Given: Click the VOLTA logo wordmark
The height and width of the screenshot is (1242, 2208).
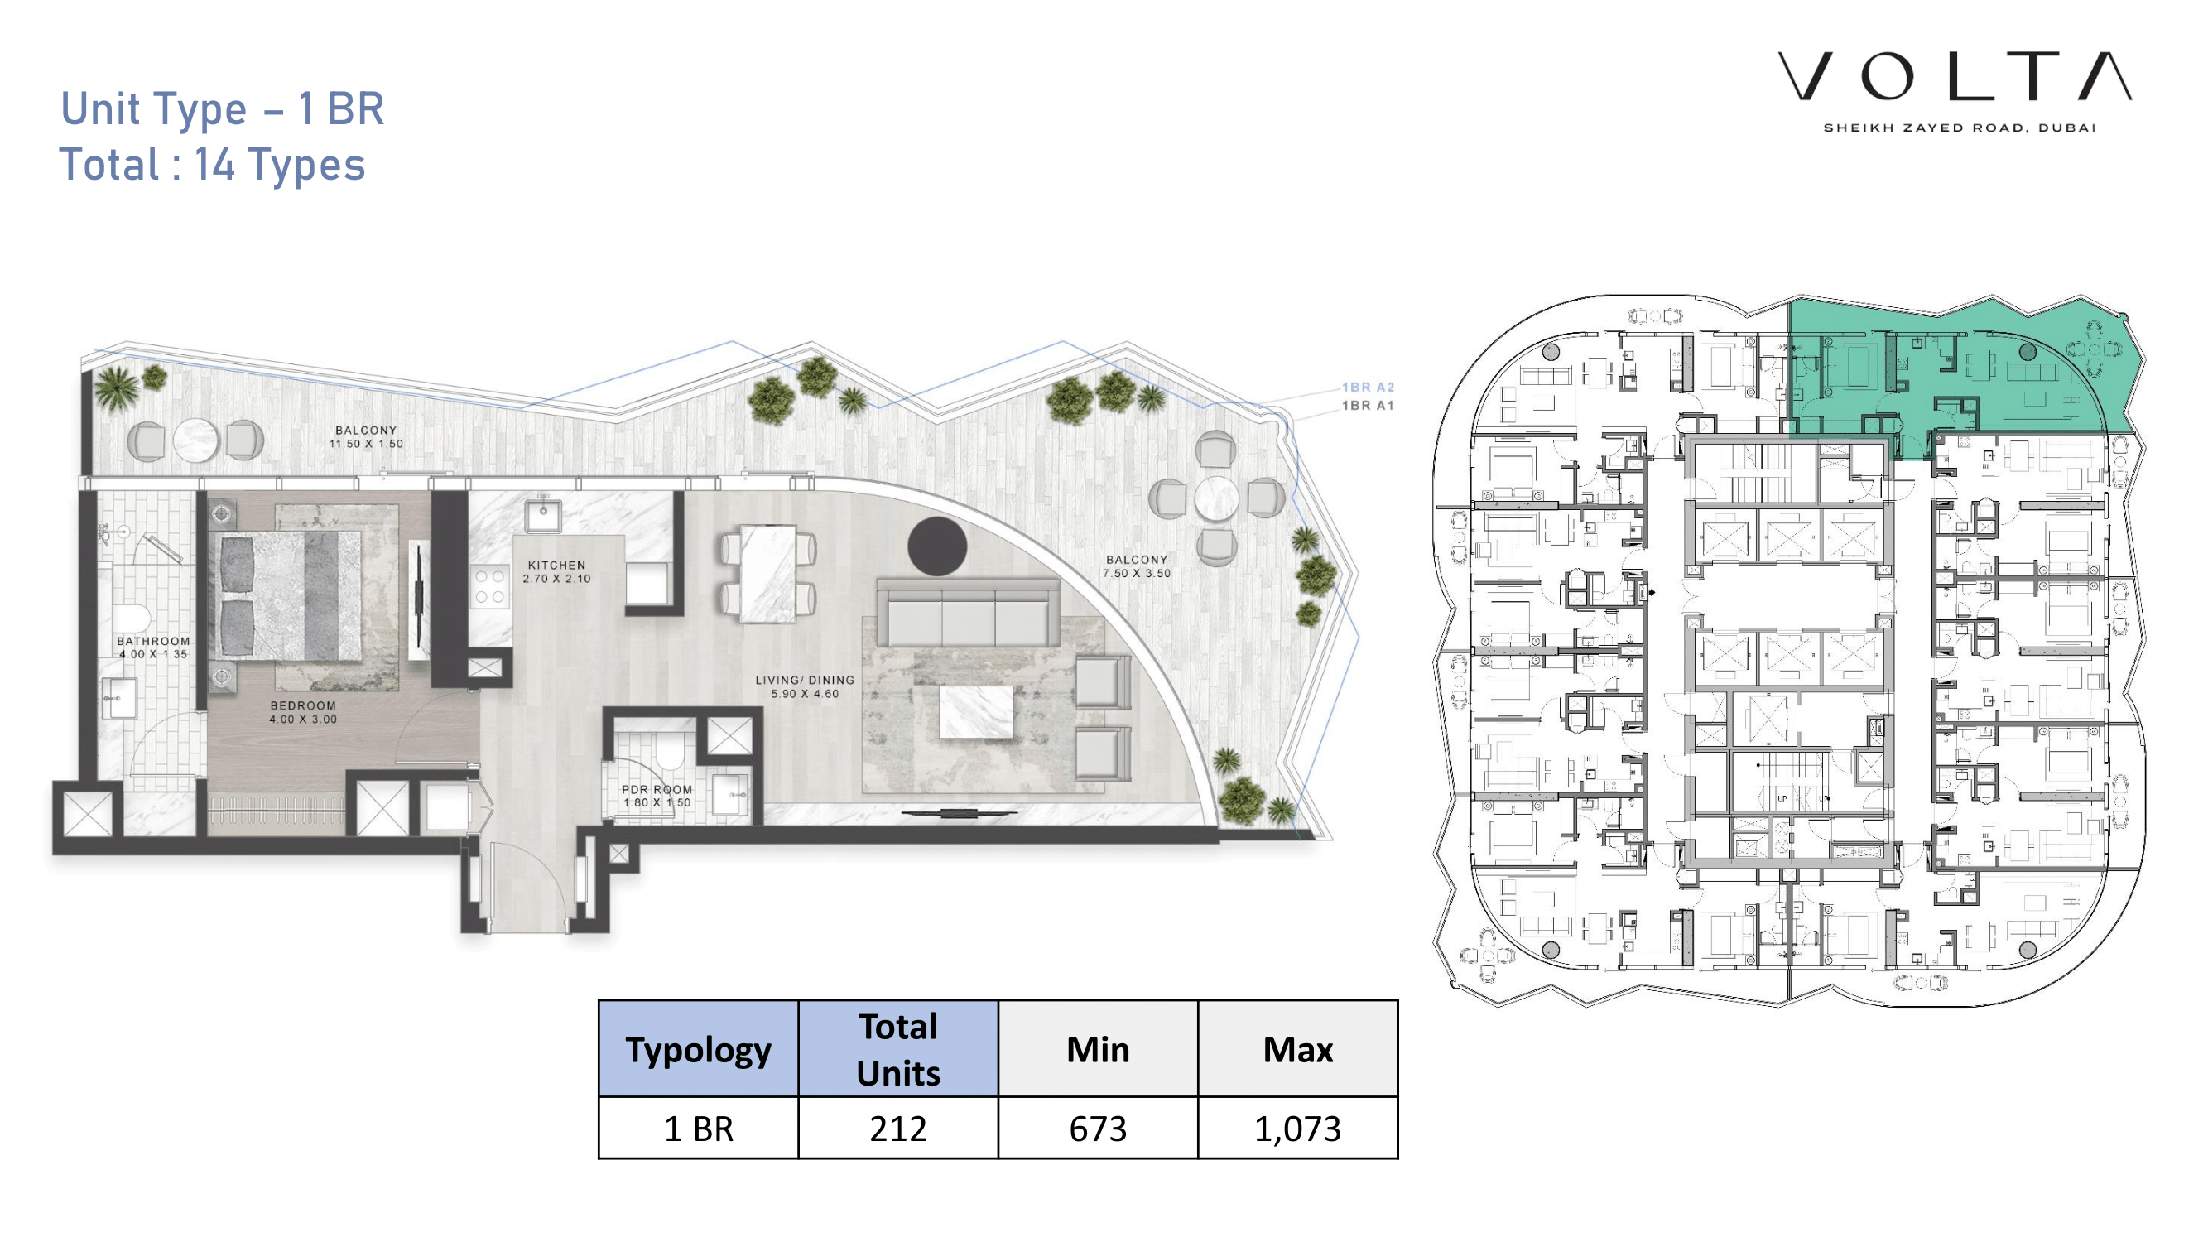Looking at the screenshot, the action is [x=1955, y=76].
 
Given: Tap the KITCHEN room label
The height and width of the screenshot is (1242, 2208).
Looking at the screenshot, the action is [x=556, y=566].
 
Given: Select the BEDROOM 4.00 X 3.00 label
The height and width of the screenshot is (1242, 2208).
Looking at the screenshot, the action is [x=304, y=712].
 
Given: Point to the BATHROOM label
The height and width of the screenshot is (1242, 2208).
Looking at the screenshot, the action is [x=153, y=641].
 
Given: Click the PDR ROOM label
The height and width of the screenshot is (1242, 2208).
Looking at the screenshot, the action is [x=657, y=789].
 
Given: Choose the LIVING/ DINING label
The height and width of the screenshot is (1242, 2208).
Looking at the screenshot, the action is [x=805, y=680].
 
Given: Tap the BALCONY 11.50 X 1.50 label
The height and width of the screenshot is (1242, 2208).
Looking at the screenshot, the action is [x=366, y=437].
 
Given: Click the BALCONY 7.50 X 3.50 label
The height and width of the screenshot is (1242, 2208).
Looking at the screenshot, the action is [x=1137, y=566].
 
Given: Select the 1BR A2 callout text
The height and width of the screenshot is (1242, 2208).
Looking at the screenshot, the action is [x=1368, y=388].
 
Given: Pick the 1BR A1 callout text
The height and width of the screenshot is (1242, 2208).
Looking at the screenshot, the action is [x=1368, y=406].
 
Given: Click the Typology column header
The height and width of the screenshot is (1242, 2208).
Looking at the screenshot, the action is [x=699, y=1049].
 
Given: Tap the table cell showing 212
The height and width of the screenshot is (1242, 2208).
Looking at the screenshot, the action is [x=898, y=1128].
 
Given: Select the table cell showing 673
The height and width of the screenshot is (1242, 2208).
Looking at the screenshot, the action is [x=1098, y=1128].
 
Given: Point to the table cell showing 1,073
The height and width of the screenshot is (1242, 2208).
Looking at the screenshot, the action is [x=1297, y=1128].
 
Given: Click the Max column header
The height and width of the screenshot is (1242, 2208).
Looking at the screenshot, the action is [x=1297, y=1049].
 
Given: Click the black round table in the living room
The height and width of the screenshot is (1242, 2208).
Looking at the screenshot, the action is [x=938, y=546].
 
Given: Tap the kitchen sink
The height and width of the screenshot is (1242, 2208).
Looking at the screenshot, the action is [x=543, y=515].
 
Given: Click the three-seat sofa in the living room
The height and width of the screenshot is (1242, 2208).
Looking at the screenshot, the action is [x=968, y=612].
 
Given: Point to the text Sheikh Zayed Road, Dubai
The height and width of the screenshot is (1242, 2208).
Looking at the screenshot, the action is [x=1960, y=128].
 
